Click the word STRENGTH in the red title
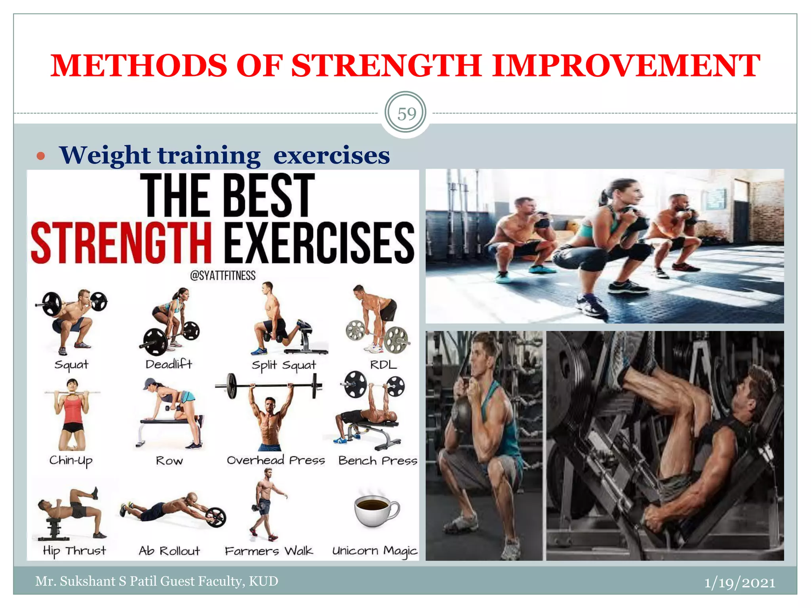coord(386,66)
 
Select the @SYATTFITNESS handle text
coord(223,275)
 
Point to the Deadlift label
coord(169,364)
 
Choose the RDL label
coord(383,365)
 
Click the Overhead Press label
coord(276,460)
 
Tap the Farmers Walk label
coord(268,551)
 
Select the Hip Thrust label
coord(74,551)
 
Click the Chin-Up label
coord(71,461)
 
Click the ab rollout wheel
coord(215,516)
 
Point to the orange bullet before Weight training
coord(41,156)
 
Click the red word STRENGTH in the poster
coord(121,242)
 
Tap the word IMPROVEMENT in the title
coord(626,66)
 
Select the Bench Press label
coord(378,461)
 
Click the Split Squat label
coord(284,365)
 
